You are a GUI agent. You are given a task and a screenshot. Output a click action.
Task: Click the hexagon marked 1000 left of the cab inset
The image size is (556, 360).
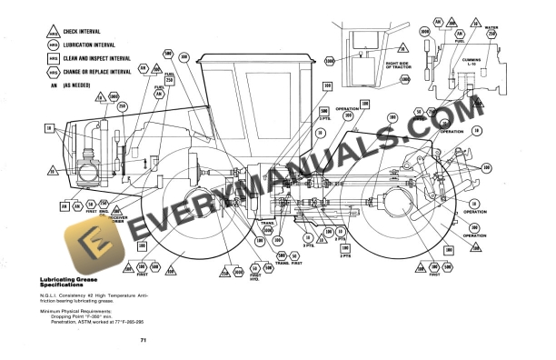(x=329, y=61)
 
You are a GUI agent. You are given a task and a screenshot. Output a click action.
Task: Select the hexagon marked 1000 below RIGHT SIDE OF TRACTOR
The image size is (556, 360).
(x=400, y=82)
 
